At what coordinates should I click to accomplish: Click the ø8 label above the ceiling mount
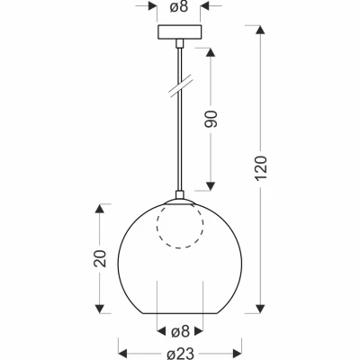[179, 7]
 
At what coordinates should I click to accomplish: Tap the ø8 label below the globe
[180, 332]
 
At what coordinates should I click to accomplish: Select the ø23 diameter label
[181, 354]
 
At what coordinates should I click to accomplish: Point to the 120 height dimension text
[261, 168]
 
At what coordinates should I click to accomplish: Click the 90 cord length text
[211, 119]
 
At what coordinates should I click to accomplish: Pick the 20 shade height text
[100, 258]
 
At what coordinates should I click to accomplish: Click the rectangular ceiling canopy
[179, 32]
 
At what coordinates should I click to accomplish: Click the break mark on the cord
[180, 86]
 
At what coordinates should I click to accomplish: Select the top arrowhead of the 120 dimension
[260, 30]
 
